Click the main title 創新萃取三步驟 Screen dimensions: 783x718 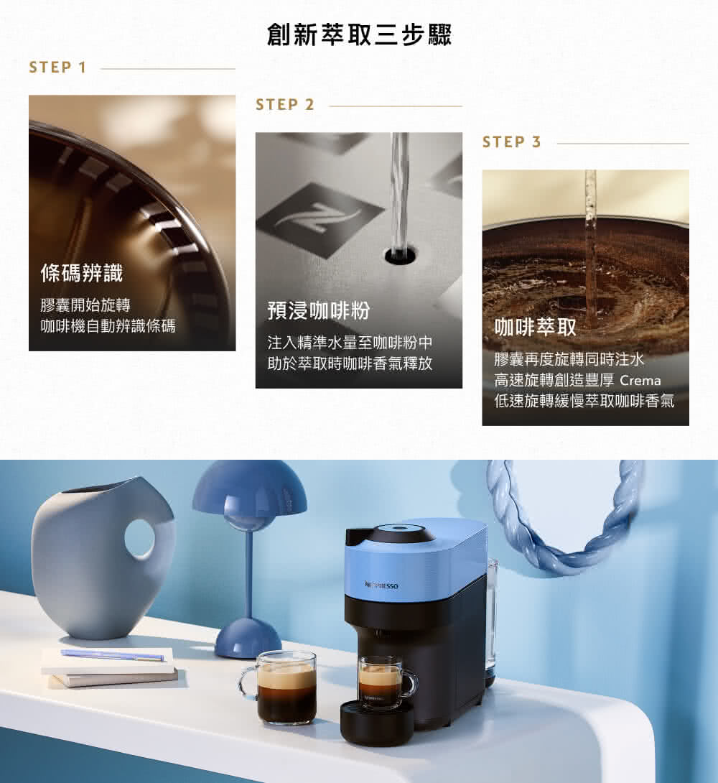click(x=359, y=34)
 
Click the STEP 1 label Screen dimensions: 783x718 click(x=57, y=68)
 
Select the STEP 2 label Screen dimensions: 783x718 click(x=285, y=105)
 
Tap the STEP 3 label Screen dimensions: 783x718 click(x=512, y=142)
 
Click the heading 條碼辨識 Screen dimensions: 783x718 click(x=81, y=273)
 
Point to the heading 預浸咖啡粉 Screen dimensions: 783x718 click(x=318, y=310)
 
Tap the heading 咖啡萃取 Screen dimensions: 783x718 click(x=535, y=328)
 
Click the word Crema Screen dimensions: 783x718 click(x=639, y=380)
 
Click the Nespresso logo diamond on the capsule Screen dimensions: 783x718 click(x=320, y=220)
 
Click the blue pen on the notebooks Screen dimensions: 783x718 click(x=112, y=654)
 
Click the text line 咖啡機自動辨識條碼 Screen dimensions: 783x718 click(x=108, y=327)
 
